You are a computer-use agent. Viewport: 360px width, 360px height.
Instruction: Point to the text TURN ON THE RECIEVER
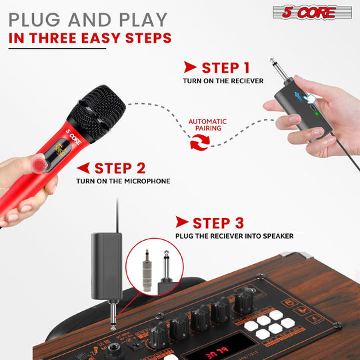tap(223, 81)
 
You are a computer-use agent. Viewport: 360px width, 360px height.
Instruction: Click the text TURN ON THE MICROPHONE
tap(123, 181)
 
